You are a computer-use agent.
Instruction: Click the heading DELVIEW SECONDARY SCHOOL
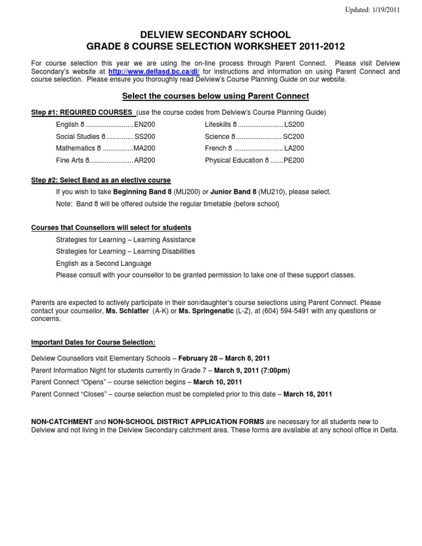[211, 35]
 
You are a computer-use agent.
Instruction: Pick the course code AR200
[145, 160]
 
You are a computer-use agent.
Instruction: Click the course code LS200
[294, 125]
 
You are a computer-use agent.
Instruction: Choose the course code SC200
[293, 137]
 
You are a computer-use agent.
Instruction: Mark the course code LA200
[294, 148]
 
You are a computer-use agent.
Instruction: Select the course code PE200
[293, 160]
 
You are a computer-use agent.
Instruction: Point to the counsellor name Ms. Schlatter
[127, 311]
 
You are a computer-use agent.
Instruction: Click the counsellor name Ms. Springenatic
[205, 311]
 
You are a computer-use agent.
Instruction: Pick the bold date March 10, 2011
[218, 382]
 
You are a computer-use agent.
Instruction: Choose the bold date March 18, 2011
[308, 394]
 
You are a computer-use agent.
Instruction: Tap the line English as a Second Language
[103, 263]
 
